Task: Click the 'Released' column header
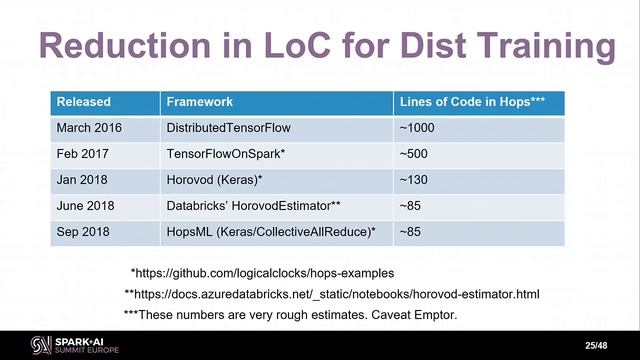tap(84, 102)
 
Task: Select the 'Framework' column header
tap(200, 102)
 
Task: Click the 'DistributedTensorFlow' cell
tap(228, 129)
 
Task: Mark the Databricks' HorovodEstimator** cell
tap(254, 206)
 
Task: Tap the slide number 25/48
tap(596, 345)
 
